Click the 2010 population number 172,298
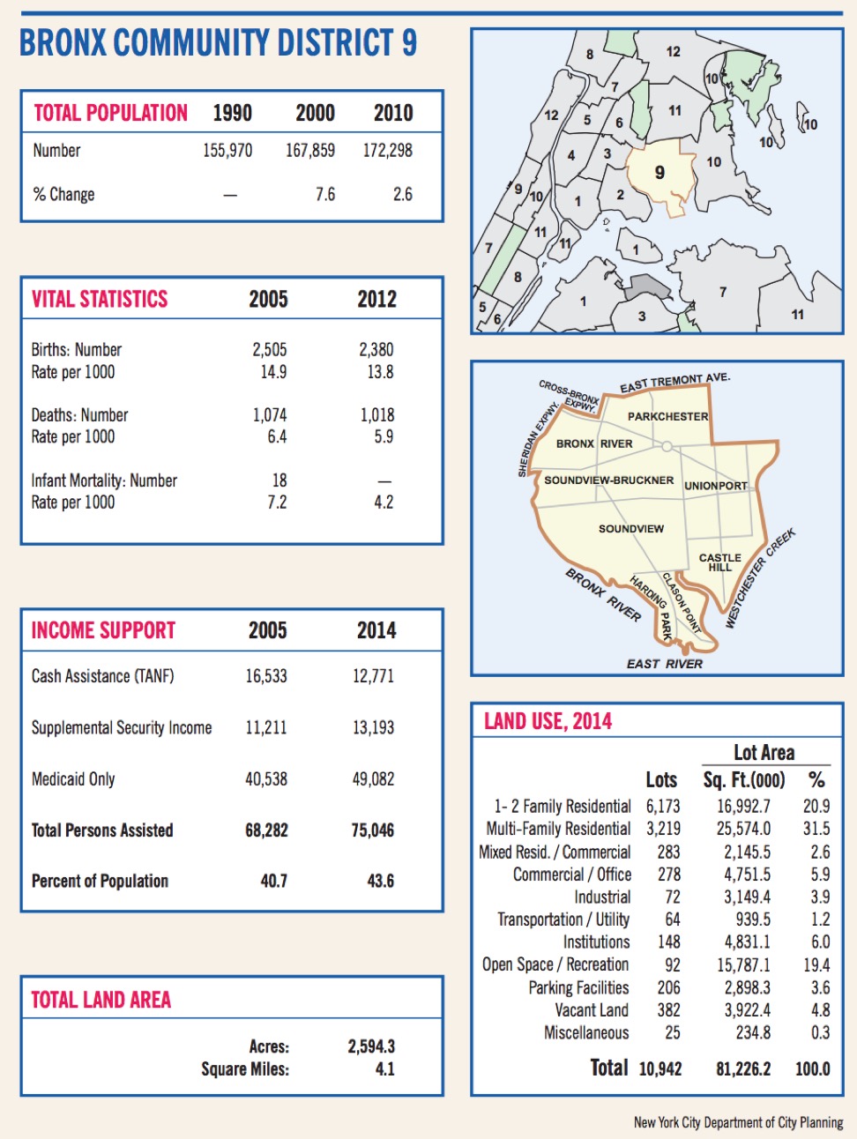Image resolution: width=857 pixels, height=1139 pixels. coord(387,151)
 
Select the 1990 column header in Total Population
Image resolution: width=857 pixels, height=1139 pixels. coord(232,113)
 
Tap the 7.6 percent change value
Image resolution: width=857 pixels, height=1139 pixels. coord(325,194)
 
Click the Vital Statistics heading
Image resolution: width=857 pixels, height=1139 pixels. coord(100,300)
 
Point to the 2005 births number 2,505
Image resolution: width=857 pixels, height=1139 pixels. coord(269,350)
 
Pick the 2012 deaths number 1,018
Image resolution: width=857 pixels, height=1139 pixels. coord(376,415)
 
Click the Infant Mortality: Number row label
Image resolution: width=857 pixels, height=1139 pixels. coord(104,480)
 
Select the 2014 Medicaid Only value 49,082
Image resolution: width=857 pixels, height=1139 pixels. coord(373,779)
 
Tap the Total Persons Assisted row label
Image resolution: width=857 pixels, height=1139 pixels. coord(102,830)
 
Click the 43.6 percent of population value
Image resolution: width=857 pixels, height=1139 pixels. coord(380,881)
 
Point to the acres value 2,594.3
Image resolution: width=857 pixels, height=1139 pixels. coord(371,1046)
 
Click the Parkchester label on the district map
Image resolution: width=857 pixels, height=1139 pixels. coord(667,416)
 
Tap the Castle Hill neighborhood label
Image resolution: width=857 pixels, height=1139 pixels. coord(719,562)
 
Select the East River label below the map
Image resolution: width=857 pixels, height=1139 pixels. coord(664,664)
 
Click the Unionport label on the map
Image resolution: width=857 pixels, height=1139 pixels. coord(715,486)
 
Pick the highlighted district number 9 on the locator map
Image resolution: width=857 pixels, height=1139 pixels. coord(660,173)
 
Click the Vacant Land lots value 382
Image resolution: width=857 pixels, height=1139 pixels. coord(668,1010)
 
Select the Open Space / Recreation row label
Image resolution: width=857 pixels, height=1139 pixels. coord(555,964)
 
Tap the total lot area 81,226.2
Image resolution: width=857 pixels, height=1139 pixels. coord(743,1069)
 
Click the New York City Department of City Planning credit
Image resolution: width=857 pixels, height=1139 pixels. coord(738,1122)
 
